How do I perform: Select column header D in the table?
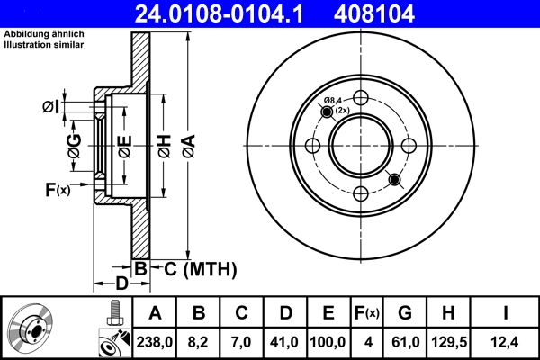(284, 313)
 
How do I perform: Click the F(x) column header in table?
(366, 313)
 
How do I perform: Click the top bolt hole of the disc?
(360, 98)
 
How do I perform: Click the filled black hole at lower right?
(393, 180)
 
